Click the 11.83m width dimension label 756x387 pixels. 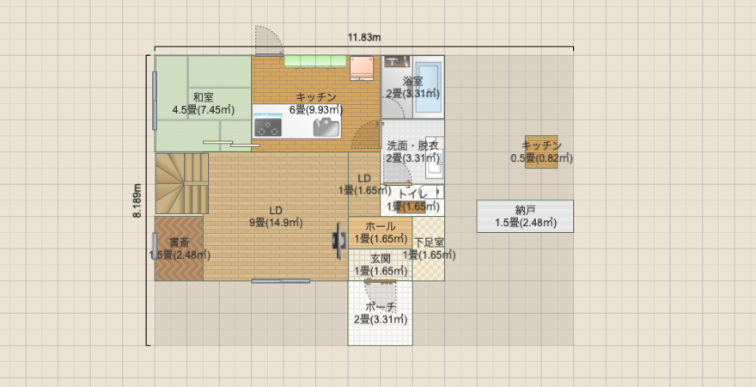(x=364, y=37)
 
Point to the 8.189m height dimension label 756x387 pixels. (x=137, y=200)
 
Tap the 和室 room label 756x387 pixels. (x=203, y=96)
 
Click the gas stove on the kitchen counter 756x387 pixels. (x=268, y=127)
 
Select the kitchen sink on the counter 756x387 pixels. (x=326, y=126)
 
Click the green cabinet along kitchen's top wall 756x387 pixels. (x=314, y=60)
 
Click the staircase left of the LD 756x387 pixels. (x=181, y=182)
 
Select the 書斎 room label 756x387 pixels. (x=179, y=243)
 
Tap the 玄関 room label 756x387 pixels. (x=381, y=258)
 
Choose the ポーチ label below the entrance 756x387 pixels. (x=380, y=307)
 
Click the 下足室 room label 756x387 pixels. (x=429, y=243)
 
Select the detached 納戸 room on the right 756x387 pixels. (x=525, y=216)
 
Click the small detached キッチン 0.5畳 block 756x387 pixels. (x=541, y=151)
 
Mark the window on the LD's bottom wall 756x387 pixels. (x=281, y=280)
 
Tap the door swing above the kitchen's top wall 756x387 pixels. (x=268, y=41)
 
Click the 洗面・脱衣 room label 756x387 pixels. (x=412, y=146)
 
